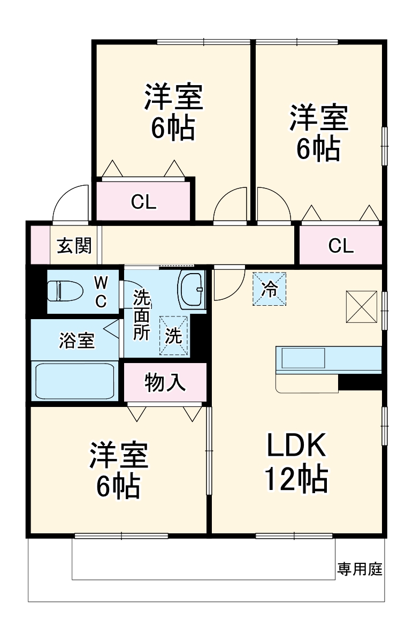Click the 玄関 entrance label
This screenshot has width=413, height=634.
point(75,246)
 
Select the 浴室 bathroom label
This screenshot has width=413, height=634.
point(77,341)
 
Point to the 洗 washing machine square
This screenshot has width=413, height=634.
point(174,336)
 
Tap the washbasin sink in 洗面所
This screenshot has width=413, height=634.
point(191,289)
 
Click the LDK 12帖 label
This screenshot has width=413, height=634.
point(296,462)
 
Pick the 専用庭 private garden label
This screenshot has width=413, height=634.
point(360,569)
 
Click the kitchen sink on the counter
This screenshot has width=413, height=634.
point(303,358)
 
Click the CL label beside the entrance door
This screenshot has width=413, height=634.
point(143,202)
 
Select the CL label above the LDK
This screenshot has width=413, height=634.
point(341,246)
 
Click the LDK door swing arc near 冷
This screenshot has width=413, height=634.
point(226,284)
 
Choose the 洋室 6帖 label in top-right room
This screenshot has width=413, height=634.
point(319,133)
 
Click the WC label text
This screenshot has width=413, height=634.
point(101,291)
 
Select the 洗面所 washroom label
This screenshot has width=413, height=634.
point(141,314)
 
